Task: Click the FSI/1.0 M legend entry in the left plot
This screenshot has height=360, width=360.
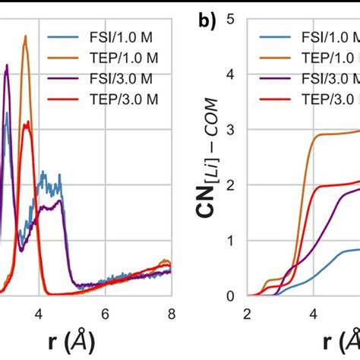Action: (x=106, y=38)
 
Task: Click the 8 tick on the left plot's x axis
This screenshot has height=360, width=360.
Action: (x=172, y=312)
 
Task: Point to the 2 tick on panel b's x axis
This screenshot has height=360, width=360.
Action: (x=248, y=312)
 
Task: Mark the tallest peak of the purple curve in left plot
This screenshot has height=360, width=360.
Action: (x=7, y=65)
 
